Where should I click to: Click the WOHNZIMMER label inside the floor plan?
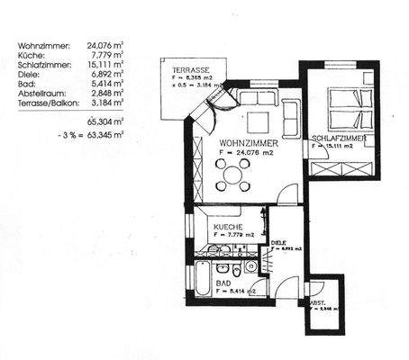coord(247,143)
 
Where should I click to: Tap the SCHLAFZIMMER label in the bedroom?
coord(338,139)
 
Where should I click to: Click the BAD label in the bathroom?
coord(223,282)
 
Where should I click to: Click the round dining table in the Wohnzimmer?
coord(233,175)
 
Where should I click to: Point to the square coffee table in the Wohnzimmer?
coord(259,121)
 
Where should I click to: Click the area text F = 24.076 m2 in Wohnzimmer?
coord(247,155)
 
